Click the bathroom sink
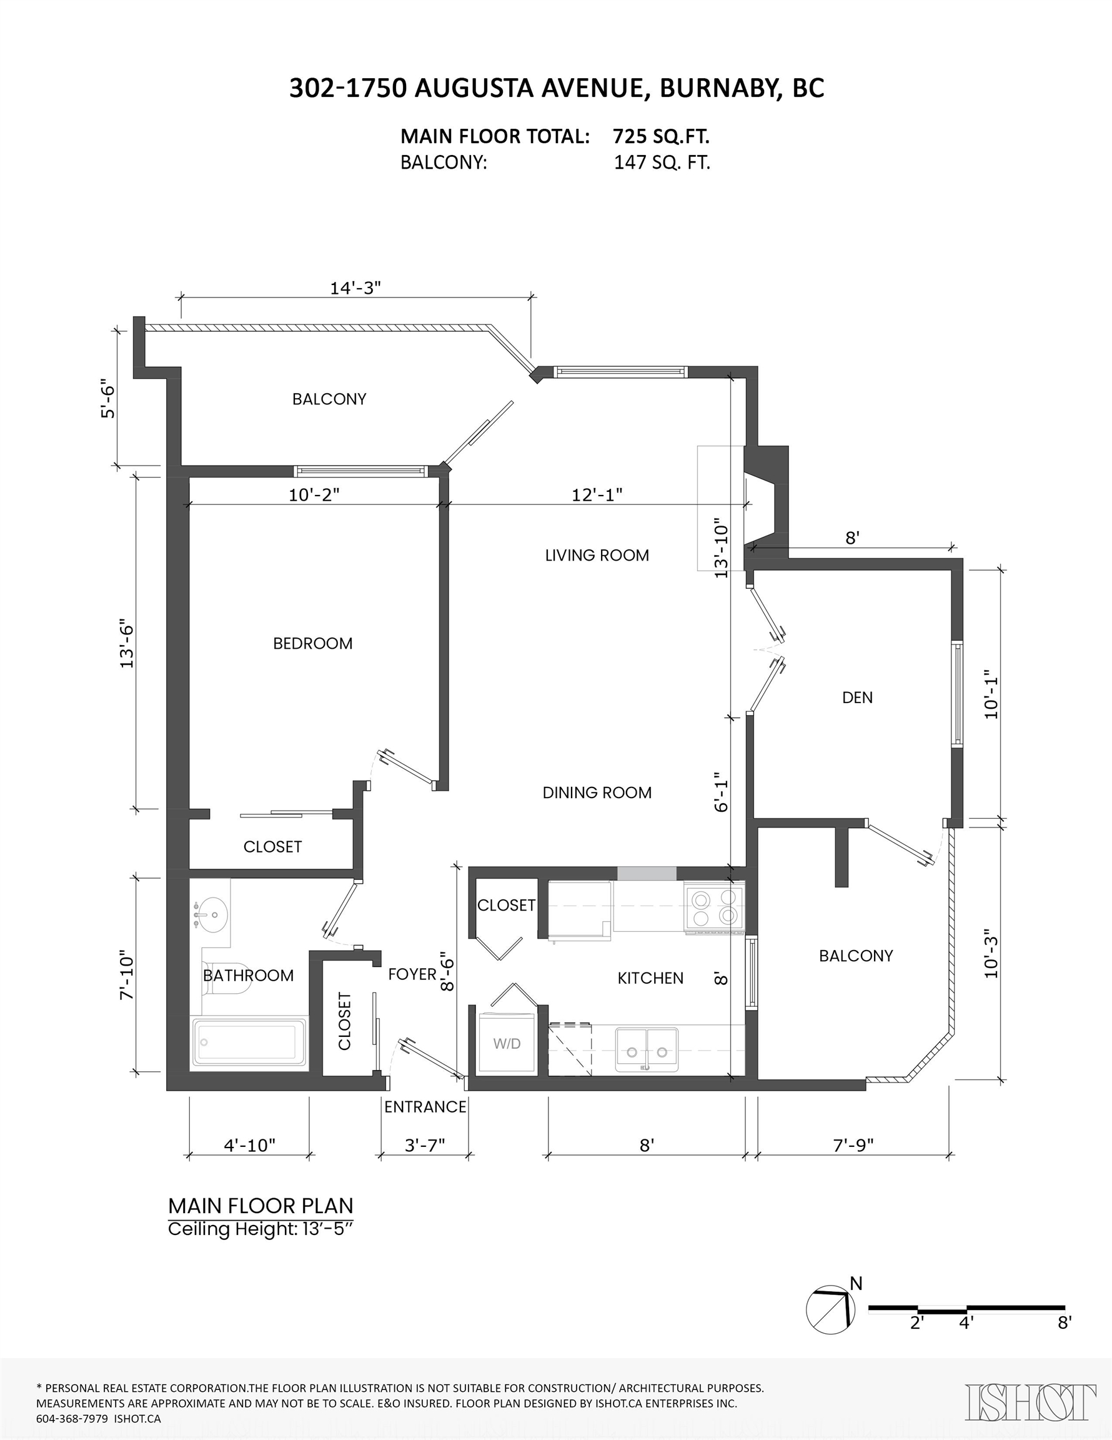(x=211, y=914)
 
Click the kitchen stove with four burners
(x=715, y=909)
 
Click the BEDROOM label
(x=312, y=644)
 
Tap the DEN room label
(x=857, y=697)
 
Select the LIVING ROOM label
(x=597, y=555)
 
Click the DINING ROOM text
(x=597, y=792)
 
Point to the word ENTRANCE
(x=425, y=1107)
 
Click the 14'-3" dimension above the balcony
(x=355, y=288)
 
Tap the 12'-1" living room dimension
(x=597, y=494)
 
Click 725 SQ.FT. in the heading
(x=661, y=136)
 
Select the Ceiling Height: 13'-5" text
(x=261, y=1229)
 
